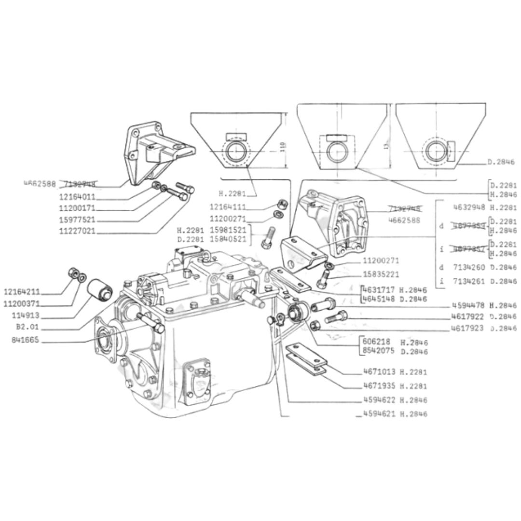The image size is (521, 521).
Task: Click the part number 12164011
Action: [77, 197]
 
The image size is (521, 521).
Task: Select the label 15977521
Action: [77, 219]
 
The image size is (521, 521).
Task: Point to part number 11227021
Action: [77, 231]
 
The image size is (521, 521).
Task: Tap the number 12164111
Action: [228, 207]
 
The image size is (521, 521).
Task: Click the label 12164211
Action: [22, 292]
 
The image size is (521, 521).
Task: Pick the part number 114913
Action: [26, 316]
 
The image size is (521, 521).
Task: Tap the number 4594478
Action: [468, 305]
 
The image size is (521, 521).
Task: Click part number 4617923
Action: [468, 329]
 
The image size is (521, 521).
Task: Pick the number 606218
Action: [376, 342]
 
